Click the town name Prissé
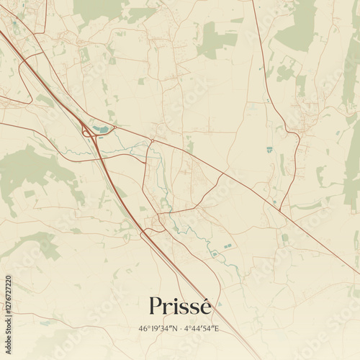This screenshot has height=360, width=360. click(180, 306)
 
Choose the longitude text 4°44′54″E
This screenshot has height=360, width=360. click(202, 329)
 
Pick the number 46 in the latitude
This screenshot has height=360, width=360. click(144, 329)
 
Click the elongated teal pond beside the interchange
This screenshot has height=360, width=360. click(101, 130)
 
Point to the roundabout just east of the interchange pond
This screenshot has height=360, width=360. click(115, 130)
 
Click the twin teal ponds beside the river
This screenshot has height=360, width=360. click(228, 246)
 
